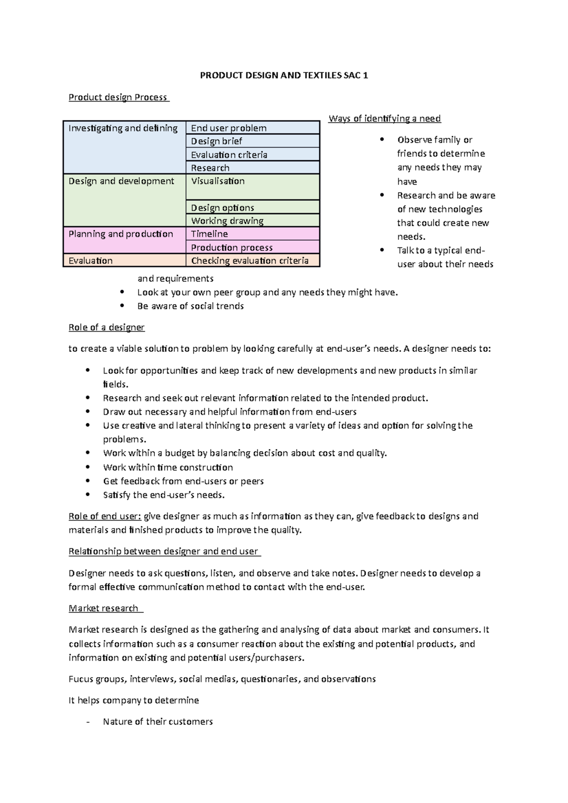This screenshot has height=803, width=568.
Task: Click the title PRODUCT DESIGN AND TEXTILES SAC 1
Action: pos(284,76)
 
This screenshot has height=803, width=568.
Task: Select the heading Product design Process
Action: pos(118,97)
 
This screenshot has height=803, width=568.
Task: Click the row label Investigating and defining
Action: pos(123,128)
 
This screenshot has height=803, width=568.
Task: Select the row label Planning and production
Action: pos(121,234)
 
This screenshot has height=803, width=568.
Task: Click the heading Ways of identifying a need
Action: pos(384,119)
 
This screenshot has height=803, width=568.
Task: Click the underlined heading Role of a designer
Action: pos(106,327)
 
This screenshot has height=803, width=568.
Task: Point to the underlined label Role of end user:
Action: pos(105,516)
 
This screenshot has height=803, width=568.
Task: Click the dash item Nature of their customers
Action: pos(158,722)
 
